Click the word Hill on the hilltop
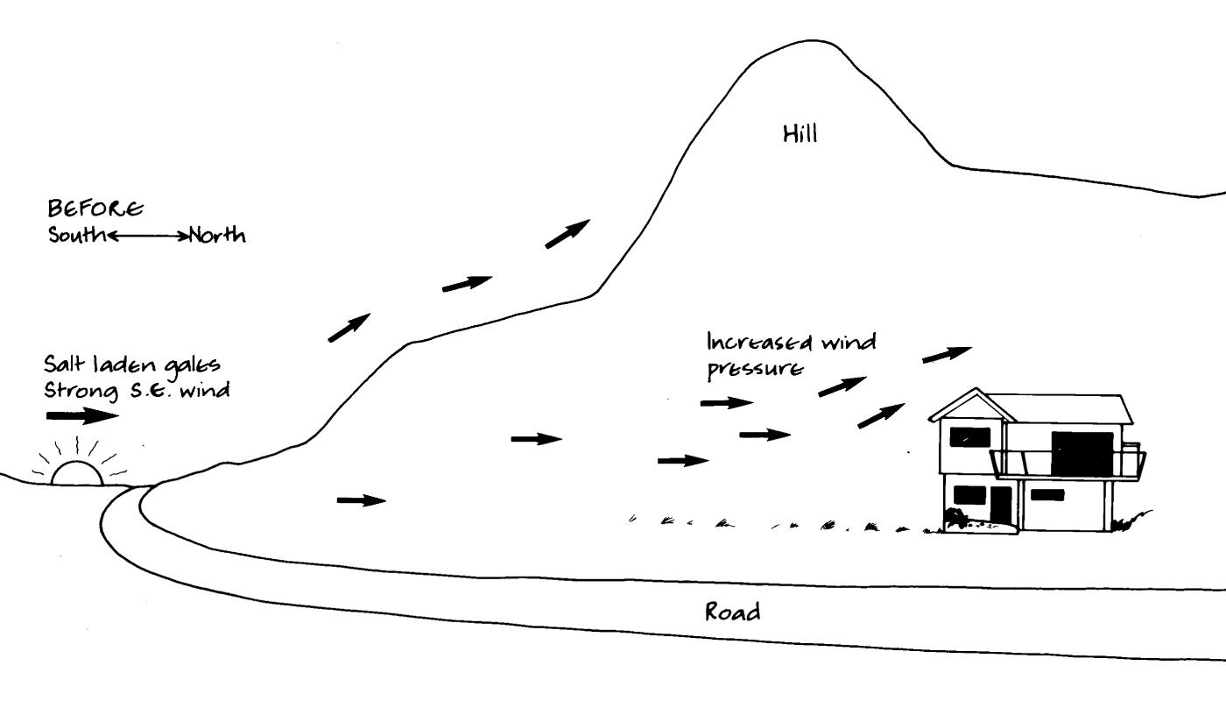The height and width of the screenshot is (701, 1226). tap(800, 134)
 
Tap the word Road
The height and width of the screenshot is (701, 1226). tap(733, 612)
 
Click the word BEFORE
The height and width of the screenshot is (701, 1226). tap(95, 209)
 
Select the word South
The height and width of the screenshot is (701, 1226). tap(75, 236)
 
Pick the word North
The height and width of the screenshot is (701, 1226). tap(216, 236)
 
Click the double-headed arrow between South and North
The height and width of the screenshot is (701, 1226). tap(147, 236)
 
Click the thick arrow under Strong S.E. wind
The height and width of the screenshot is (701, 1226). tap(81, 414)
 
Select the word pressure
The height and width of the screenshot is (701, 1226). tap(754, 369)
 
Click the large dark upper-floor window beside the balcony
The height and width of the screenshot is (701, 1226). tap(1082, 453)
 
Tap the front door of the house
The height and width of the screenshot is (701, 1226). tap(1001, 505)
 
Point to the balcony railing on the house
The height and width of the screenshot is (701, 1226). tap(1066, 464)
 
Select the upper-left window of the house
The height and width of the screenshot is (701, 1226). tap(969, 435)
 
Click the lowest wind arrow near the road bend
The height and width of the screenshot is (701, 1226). tap(362, 500)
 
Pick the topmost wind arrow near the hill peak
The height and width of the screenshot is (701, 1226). tap(567, 234)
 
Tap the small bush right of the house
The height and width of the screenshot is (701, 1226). tap(1130, 520)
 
